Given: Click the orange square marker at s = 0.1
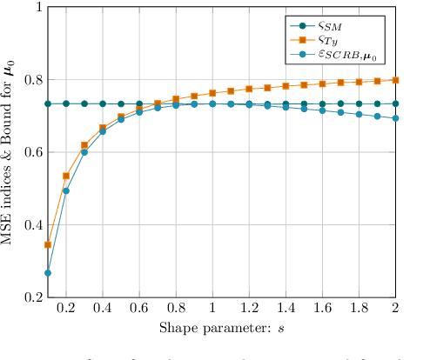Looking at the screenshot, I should [48, 245].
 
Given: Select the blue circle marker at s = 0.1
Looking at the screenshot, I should [48, 273].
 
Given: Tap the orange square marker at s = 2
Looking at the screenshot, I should [396, 80].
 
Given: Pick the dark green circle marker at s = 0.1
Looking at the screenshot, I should [48, 103].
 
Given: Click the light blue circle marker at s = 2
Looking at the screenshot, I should [396, 118].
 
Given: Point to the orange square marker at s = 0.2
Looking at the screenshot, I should [66, 176].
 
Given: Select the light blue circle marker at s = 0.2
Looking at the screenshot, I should [66, 190].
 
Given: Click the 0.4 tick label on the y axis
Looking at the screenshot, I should [31, 225].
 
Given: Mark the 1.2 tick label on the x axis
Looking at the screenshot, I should [249, 309].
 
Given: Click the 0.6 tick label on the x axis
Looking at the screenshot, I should [139, 309].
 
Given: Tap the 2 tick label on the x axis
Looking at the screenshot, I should [396, 309].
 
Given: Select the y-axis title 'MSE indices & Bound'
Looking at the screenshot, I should [11, 151].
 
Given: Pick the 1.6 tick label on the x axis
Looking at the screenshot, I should [323, 309].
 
